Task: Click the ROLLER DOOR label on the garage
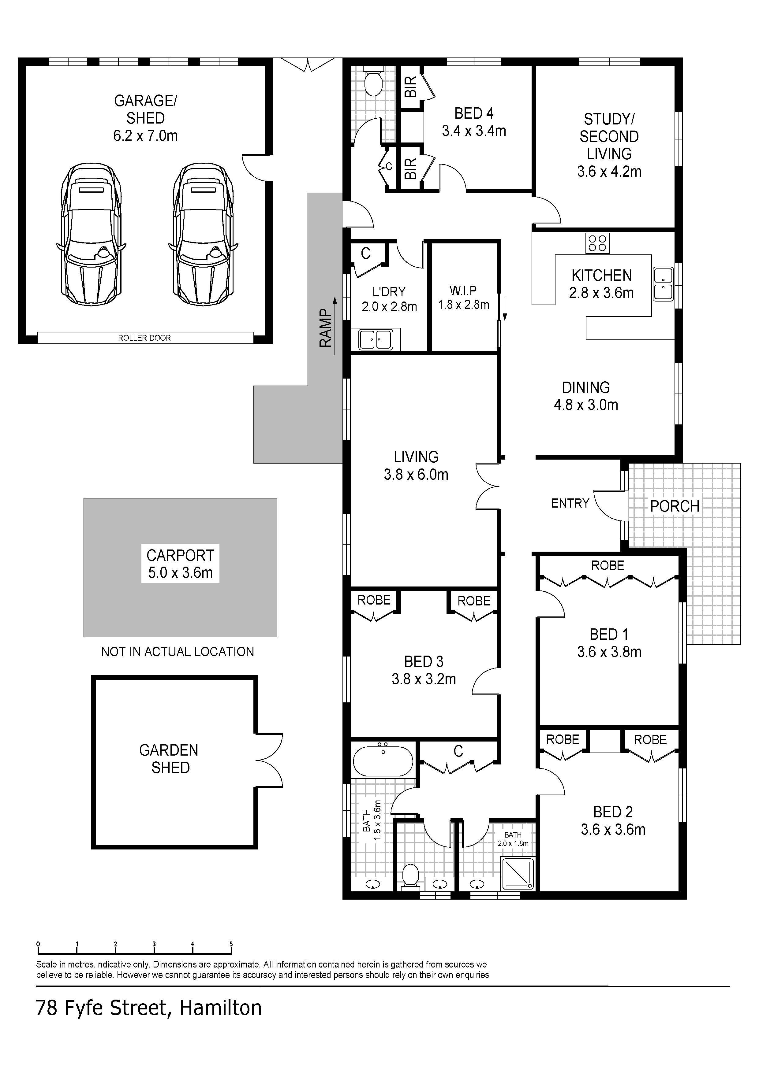[x=144, y=338]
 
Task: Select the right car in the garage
[x=203, y=235]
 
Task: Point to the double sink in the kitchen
[x=663, y=284]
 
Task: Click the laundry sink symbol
[x=376, y=340]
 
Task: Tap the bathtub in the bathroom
[x=383, y=761]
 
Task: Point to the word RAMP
[x=326, y=328]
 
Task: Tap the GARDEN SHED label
[x=169, y=759]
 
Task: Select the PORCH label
[x=675, y=506]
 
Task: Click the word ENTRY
[x=570, y=503]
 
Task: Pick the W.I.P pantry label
[x=463, y=291]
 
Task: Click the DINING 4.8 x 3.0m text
[x=586, y=396]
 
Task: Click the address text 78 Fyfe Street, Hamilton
[x=149, y=1008]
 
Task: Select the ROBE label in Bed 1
[x=608, y=565]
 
